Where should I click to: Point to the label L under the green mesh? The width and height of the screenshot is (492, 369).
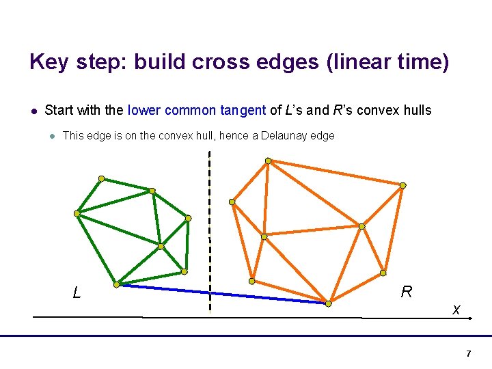(x=77, y=293)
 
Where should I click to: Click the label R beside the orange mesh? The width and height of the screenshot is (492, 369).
(x=407, y=292)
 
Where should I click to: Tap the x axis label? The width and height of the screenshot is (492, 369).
(x=456, y=310)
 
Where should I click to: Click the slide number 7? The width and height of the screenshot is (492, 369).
(x=468, y=353)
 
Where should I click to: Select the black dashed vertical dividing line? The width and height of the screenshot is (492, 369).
(x=210, y=205)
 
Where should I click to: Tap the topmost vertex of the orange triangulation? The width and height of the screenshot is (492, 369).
(x=268, y=161)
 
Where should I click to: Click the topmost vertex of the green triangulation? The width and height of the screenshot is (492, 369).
(x=101, y=178)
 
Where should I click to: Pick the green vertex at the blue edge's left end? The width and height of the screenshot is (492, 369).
(x=116, y=284)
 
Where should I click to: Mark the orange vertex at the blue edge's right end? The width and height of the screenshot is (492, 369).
(x=329, y=303)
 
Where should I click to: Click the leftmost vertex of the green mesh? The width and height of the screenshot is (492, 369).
(x=77, y=213)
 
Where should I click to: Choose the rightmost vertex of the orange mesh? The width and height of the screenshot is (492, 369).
(x=402, y=185)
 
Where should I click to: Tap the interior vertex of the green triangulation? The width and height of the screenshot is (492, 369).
(x=161, y=246)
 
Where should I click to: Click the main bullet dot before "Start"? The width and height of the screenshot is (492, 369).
(x=33, y=111)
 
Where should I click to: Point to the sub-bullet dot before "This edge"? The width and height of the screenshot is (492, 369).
(x=51, y=136)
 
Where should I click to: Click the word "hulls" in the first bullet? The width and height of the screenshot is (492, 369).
(x=416, y=110)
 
